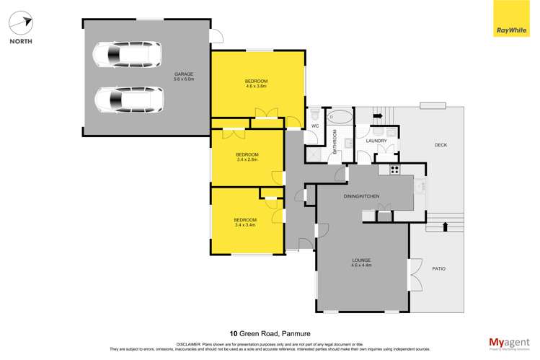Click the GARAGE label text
[x=181, y=74]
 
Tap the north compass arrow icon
[x=21, y=22]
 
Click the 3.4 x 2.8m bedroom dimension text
[x=247, y=159]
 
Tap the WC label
[x=314, y=127]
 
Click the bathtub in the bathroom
[x=340, y=115]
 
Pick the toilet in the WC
[x=315, y=115]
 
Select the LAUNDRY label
[x=376, y=141]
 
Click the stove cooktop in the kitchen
[x=394, y=170]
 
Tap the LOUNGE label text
[x=361, y=260]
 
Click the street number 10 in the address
[x=234, y=333]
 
